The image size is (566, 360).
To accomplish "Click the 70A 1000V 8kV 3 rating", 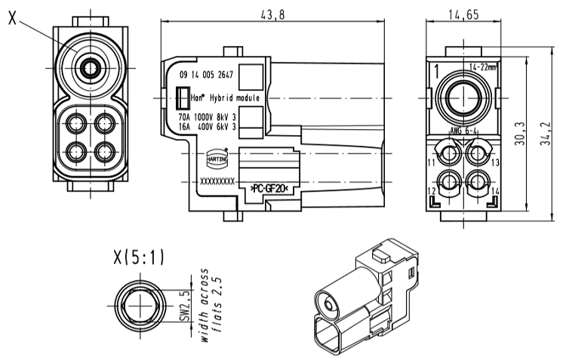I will [x=207, y=118].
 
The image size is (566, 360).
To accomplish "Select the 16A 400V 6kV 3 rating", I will [x=207, y=127].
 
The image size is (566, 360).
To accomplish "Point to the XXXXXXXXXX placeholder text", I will [x=217, y=182].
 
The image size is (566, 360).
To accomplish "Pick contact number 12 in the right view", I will [x=432, y=192].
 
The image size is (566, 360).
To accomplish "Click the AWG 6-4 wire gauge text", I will [x=461, y=131].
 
